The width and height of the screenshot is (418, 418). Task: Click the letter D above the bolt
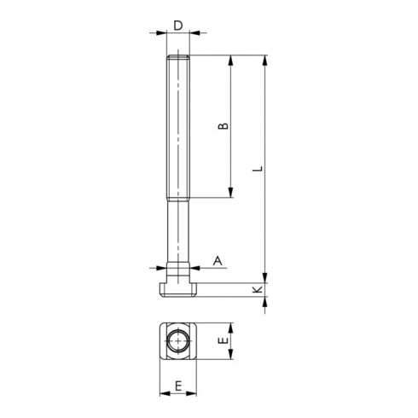pos(178,26)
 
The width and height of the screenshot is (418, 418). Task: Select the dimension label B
pos(224,126)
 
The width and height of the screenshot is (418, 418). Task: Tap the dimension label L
pos(258,168)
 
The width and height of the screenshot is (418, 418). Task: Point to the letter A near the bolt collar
pos(218,260)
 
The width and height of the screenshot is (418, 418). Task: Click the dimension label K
pos(258,290)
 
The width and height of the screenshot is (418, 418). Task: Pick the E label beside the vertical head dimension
pos(224,340)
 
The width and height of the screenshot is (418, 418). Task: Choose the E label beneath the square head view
pos(178,386)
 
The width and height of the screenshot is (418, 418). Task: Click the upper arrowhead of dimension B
pos(230,61)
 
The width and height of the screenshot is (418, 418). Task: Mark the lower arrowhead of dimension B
pos(230,193)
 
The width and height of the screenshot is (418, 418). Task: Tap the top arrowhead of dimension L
pos(264,61)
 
